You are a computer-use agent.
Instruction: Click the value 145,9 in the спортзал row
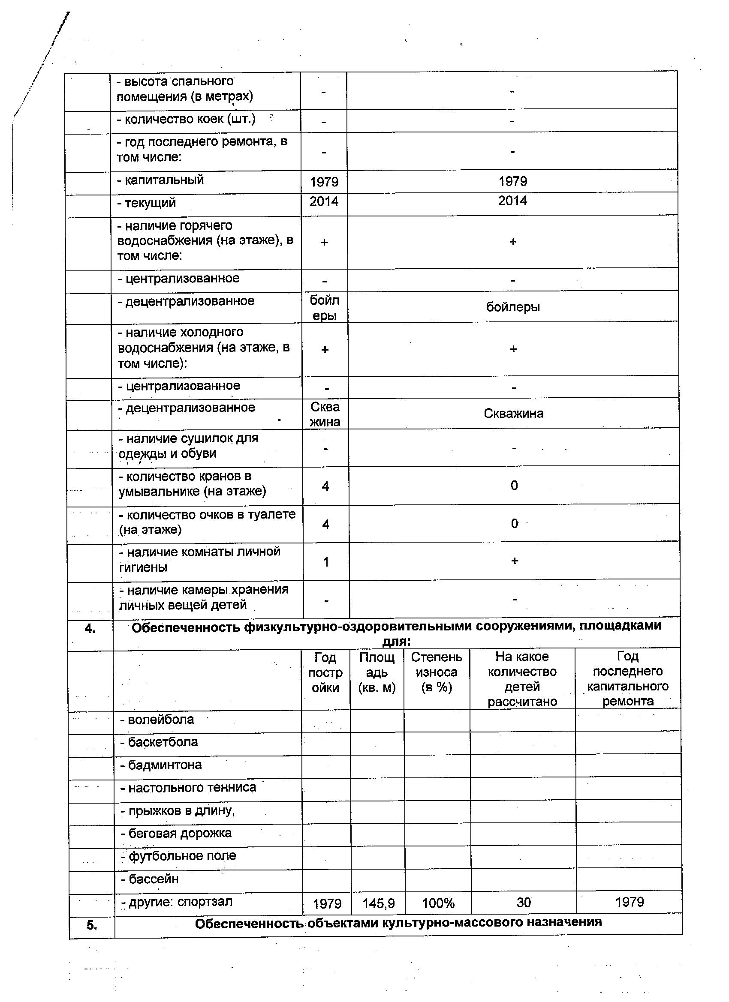[x=378, y=903]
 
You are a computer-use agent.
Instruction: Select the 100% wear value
[x=438, y=903]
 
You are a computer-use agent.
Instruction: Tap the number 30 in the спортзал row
[x=524, y=902]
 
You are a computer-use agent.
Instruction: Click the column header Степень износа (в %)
[x=437, y=672]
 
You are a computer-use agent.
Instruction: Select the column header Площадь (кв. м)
[x=377, y=672]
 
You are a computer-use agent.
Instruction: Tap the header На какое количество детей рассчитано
[x=522, y=679]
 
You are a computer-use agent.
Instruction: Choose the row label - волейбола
[x=157, y=720]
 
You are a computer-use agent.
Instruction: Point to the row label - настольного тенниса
[x=188, y=788]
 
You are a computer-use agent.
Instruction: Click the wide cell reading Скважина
[x=513, y=414]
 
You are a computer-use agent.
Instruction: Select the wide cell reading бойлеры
[x=513, y=306]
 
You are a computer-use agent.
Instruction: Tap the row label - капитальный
[x=160, y=180]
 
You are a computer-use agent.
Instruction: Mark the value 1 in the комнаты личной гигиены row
[x=326, y=562]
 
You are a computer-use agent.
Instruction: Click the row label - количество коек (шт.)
[x=186, y=119]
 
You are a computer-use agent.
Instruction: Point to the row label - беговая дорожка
[x=176, y=833]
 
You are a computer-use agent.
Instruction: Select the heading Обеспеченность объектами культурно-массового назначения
[x=398, y=922]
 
